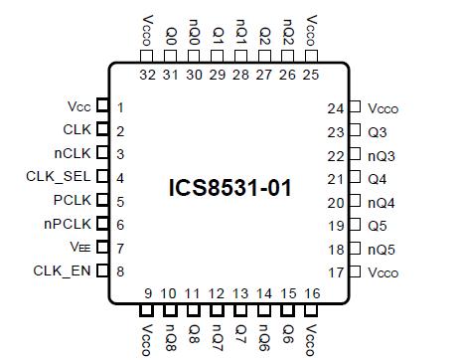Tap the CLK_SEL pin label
click(61, 177)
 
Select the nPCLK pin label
click(70, 224)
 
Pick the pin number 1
click(120, 107)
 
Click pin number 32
click(147, 75)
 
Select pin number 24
click(335, 108)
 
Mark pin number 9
click(147, 293)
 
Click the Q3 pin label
click(377, 132)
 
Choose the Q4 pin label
click(377, 179)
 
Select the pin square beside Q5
click(354, 226)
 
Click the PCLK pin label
click(73, 201)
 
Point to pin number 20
click(335, 202)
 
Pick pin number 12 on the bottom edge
click(217, 293)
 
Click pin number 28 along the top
click(240, 75)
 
